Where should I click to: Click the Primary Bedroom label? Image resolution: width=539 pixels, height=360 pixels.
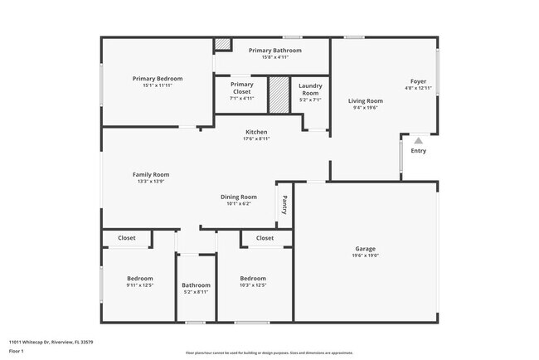click(x=158, y=79)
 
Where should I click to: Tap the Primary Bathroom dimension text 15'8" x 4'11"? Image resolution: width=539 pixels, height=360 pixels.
click(x=275, y=57)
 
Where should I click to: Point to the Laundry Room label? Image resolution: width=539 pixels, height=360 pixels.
click(x=310, y=90)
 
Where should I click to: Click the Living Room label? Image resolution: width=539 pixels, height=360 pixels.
click(x=365, y=101)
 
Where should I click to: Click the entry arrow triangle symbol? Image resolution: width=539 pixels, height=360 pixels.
click(x=419, y=141)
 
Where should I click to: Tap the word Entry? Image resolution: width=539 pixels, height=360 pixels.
click(x=419, y=151)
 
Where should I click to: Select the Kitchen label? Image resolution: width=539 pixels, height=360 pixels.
click(x=256, y=133)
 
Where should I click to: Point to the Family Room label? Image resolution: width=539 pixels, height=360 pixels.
click(x=151, y=174)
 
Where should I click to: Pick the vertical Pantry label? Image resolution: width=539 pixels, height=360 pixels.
click(x=284, y=205)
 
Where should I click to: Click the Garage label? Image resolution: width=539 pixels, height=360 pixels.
click(x=366, y=249)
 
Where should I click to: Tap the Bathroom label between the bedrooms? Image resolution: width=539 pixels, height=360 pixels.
click(x=197, y=285)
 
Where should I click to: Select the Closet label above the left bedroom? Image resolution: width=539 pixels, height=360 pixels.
click(x=127, y=238)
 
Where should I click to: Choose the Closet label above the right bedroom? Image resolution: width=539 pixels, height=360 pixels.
click(x=265, y=238)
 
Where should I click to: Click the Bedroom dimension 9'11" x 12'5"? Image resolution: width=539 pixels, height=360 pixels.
click(x=140, y=285)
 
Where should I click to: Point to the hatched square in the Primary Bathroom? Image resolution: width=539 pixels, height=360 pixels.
click(x=222, y=45)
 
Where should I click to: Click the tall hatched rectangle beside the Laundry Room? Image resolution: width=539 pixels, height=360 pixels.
click(x=279, y=95)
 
